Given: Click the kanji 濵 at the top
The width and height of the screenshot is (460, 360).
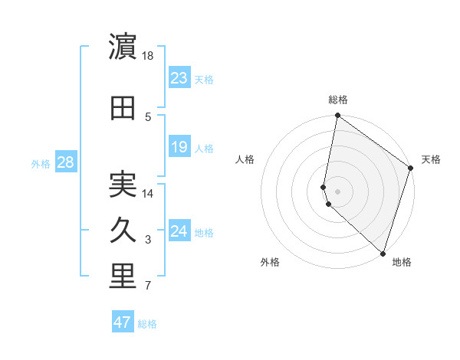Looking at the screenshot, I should [123, 47].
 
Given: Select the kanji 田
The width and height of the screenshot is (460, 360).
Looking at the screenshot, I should [123, 108].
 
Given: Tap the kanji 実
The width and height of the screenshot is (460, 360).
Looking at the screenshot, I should [123, 185].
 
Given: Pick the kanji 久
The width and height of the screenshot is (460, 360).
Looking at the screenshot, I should [123, 231].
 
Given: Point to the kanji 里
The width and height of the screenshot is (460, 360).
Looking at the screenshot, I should [123, 277].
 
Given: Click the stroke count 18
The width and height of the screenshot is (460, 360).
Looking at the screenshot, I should [149, 56].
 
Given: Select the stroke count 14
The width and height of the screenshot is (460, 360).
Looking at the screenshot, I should [149, 194].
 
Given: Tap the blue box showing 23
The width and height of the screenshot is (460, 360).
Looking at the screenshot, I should [179, 77].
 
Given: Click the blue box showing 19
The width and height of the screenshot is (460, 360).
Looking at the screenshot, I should [179, 146].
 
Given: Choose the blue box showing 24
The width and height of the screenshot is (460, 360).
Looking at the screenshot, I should [179, 231].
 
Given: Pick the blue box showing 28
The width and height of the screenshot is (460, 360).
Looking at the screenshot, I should [65, 162].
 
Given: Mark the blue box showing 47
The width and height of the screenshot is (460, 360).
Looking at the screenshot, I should [123, 322].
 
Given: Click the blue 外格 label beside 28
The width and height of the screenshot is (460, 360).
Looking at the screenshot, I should [41, 163].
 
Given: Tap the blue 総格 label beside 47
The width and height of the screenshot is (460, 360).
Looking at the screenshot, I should [147, 324].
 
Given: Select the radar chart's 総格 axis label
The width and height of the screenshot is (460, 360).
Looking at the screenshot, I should [338, 100].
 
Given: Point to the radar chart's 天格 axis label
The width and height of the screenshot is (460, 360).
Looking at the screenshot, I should [431, 159].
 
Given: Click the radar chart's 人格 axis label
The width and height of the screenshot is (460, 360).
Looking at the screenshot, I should [245, 159].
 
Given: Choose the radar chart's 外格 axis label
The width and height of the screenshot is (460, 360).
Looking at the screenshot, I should [270, 262].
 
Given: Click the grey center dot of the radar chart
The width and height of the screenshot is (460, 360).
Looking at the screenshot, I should [338, 191].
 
